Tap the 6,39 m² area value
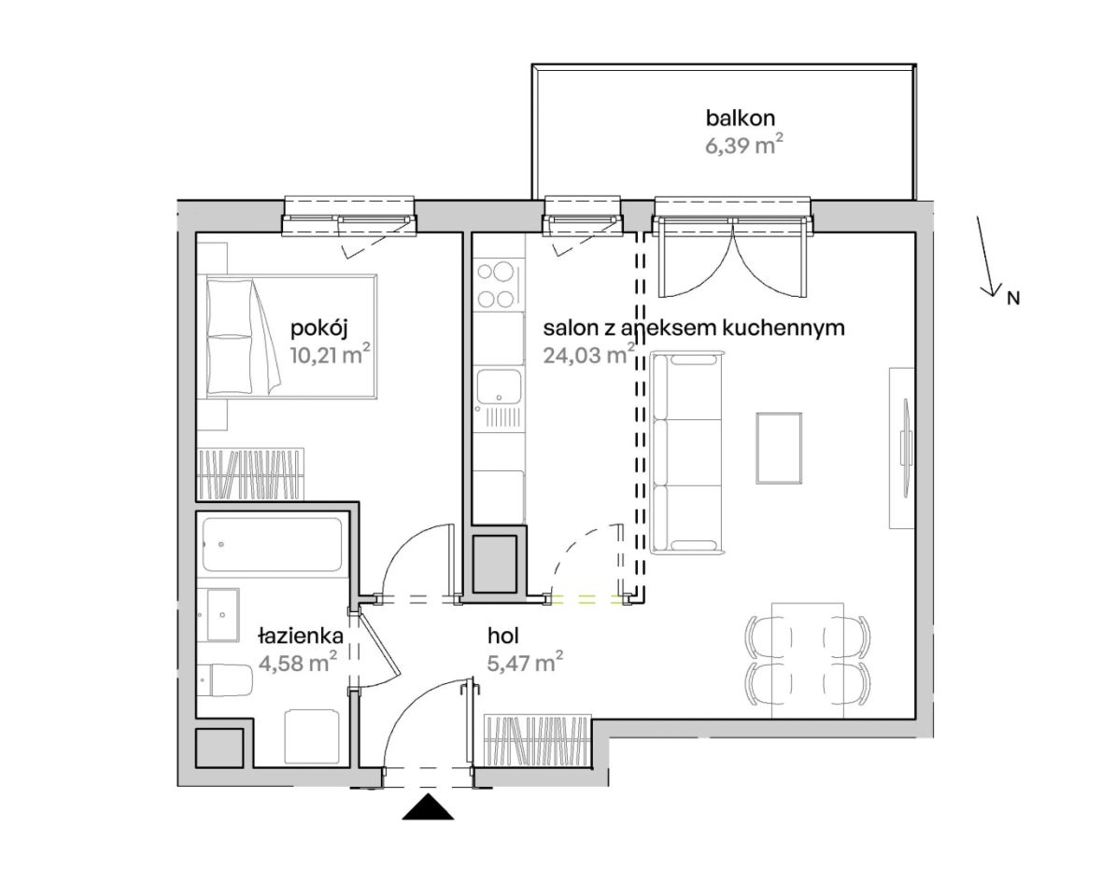coord(743,146)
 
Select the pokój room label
coord(319,328)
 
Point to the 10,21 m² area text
coord(330,355)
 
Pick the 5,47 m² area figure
coord(525,662)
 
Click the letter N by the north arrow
coord(1012,298)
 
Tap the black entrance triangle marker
coord(429,807)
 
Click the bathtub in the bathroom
coord(273,544)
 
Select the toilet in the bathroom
coord(225,679)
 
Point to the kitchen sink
coord(500,397)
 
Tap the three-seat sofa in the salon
coord(686,453)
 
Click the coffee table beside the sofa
coord(779,448)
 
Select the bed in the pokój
coord(291,337)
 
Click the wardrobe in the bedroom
coord(250,474)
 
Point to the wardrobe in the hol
coord(537,741)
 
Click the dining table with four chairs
coord(808,659)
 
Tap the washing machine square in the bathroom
coord(313,736)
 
